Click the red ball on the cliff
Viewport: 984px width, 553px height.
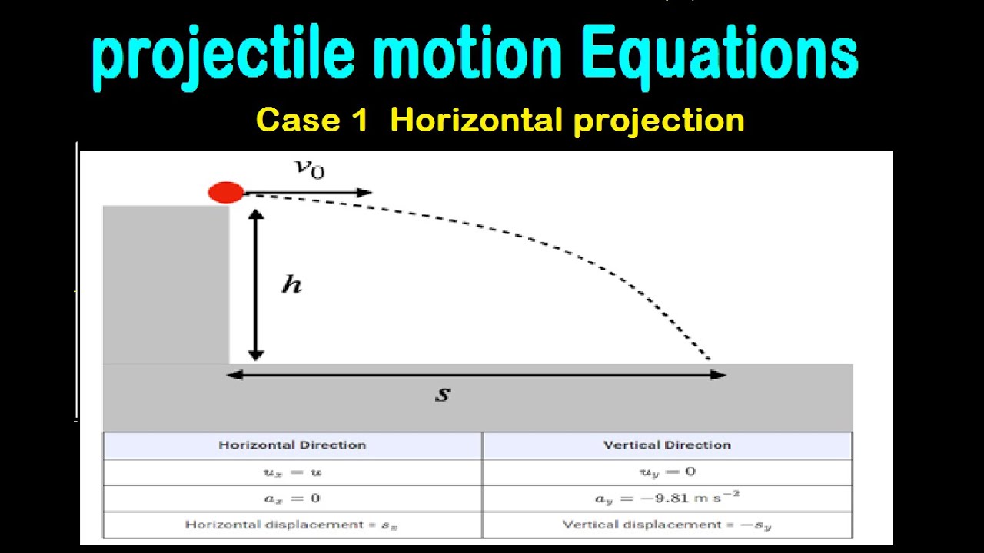click(x=226, y=193)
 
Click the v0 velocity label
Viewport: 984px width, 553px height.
click(x=311, y=168)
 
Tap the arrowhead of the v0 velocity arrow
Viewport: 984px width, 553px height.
click(x=366, y=193)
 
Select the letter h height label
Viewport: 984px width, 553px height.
click(x=291, y=285)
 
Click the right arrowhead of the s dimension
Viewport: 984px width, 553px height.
click(x=718, y=375)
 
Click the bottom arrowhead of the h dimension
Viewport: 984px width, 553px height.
click(x=256, y=354)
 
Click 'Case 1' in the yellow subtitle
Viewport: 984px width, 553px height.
click(x=312, y=121)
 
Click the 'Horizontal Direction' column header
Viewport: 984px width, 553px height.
click(x=292, y=445)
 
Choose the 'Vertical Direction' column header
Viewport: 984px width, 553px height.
click(x=667, y=445)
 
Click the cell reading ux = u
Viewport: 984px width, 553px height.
click(x=292, y=472)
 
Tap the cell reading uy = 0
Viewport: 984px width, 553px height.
click(x=667, y=472)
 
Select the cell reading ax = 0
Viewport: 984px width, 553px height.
click(x=292, y=498)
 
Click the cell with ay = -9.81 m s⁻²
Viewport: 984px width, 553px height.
click(x=667, y=498)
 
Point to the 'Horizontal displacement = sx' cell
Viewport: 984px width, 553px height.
click(x=292, y=525)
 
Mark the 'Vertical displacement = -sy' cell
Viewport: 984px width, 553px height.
click(x=667, y=525)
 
